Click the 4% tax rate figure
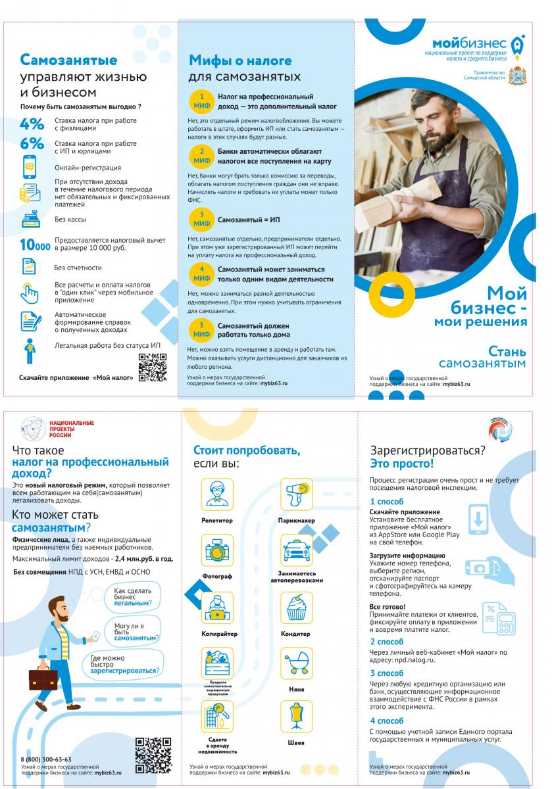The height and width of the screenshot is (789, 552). (x=32, y=124)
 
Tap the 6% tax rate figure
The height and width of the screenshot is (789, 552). (x=32, y=144)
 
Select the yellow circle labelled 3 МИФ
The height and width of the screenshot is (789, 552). (x=202, y=218)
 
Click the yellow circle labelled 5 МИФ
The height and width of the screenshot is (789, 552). (x=202, y=329)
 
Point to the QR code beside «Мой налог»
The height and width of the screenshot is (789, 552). (x=152, y=367)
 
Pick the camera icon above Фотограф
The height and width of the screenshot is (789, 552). (x=216, y=551)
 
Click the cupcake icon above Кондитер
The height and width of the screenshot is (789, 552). (x=296, y=608)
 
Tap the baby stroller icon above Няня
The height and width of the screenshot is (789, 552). (x=296, y=664)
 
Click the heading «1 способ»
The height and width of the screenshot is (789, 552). (x=386, y=502)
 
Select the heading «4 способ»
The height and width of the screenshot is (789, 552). (x=386, y=721)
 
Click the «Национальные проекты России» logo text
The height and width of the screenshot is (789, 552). (x=72, y=429)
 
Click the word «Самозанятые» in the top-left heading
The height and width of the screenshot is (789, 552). (x=68, y=60)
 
